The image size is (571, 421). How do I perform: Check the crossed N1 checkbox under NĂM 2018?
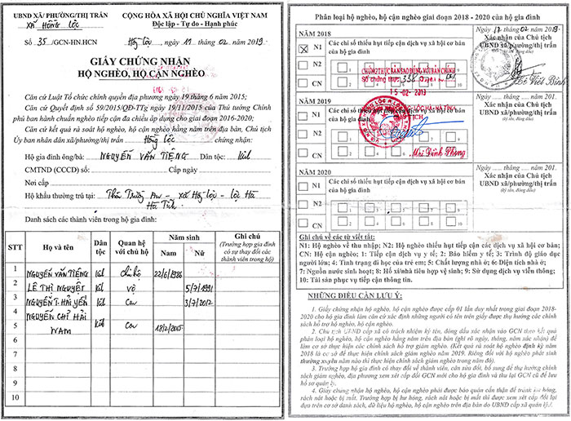[303, 48]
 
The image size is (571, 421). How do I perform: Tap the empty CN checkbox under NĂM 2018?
[303, 83]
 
